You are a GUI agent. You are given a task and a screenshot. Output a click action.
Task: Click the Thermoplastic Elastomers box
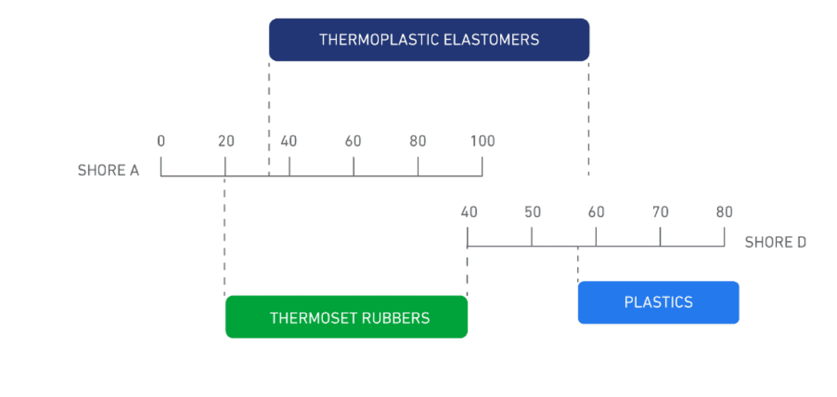coord(429,40)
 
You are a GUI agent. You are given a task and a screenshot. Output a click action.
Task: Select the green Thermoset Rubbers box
coord(346,316)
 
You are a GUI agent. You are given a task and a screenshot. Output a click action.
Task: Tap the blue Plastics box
coord(659,302)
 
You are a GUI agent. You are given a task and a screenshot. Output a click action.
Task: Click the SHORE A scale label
coord(108,171)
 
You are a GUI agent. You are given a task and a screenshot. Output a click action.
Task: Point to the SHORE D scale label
coord(775,242)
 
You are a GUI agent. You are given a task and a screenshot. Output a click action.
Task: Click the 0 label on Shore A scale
coord(161,141)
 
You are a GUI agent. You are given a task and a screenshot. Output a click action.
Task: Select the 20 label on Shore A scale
coord(226,141)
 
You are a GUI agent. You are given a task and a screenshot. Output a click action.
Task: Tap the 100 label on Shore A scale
coord(482,141)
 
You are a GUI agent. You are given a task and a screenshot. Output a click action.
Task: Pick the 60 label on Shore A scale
coord(353,141)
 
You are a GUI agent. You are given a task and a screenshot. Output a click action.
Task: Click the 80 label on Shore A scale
coord(418,141)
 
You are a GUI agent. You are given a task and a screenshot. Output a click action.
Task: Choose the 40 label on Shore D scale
coord(469,212)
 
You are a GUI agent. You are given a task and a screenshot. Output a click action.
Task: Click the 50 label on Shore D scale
coord(533,212)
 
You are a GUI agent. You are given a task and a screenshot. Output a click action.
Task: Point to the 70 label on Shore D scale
coord(660,212)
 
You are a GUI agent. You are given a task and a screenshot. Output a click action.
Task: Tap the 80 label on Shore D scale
coord(724,212)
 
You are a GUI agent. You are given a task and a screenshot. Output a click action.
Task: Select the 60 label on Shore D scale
coord(596,212)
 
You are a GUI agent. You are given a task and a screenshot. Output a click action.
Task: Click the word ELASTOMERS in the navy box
coord(491,40)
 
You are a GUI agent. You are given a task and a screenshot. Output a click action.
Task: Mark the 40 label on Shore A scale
coord(289,141)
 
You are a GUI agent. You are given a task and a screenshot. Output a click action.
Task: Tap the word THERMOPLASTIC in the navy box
coord(379,40)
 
